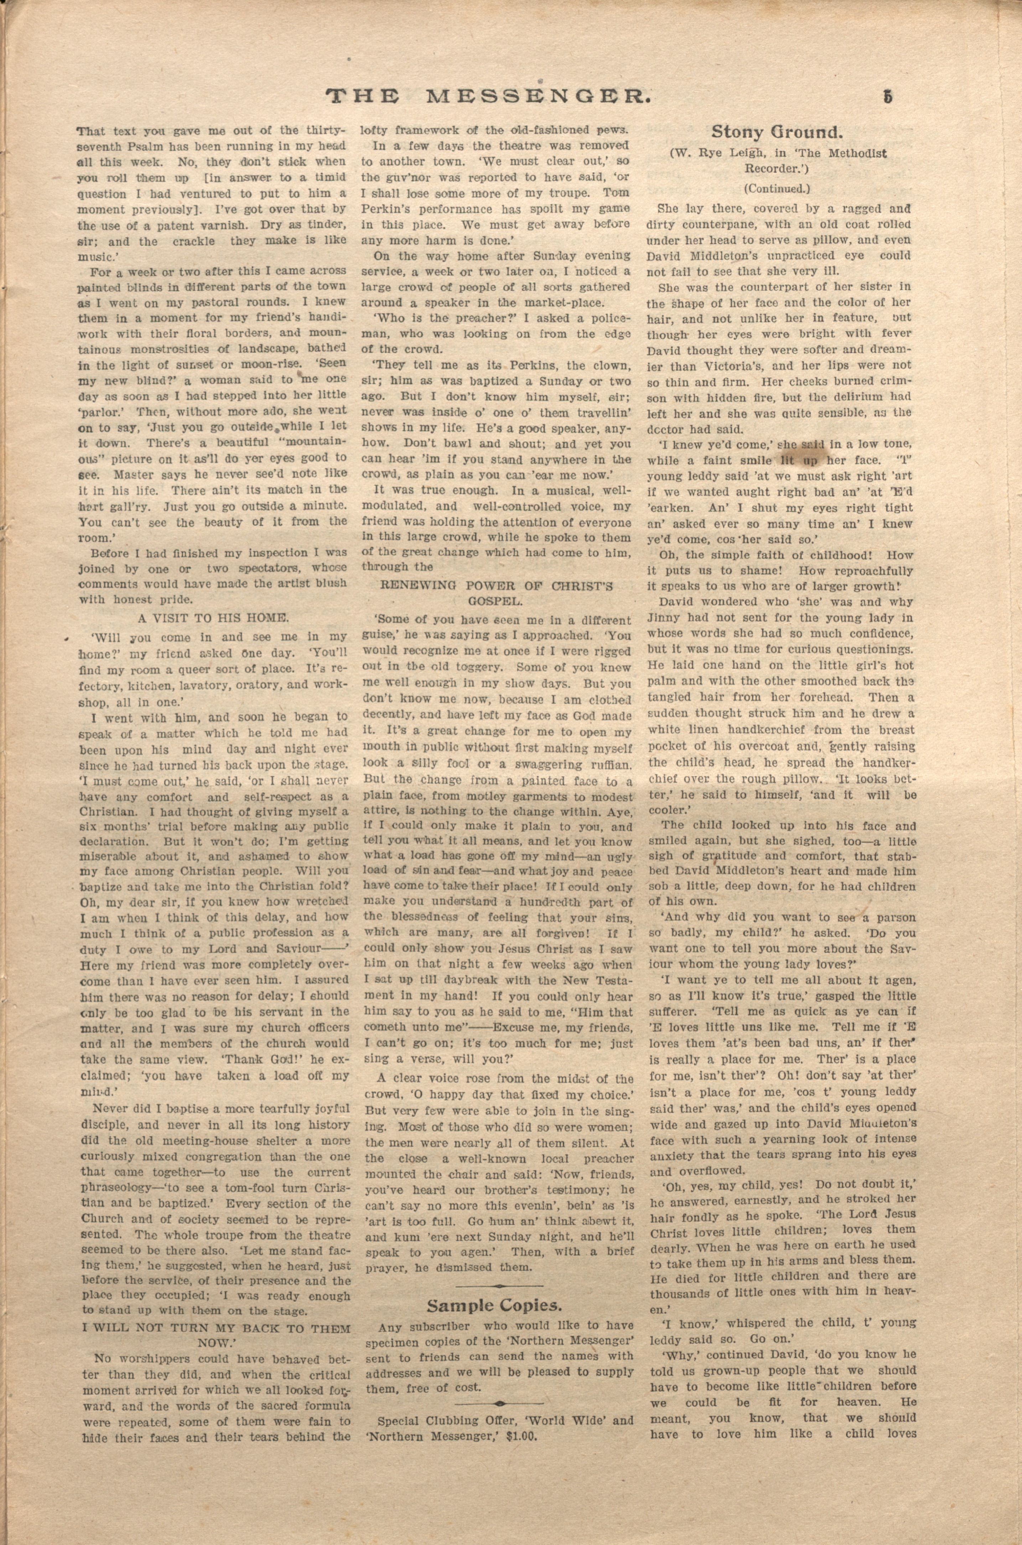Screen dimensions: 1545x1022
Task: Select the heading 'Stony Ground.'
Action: pos(778,132)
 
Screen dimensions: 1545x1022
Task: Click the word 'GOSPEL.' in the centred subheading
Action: pos(496,600)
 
